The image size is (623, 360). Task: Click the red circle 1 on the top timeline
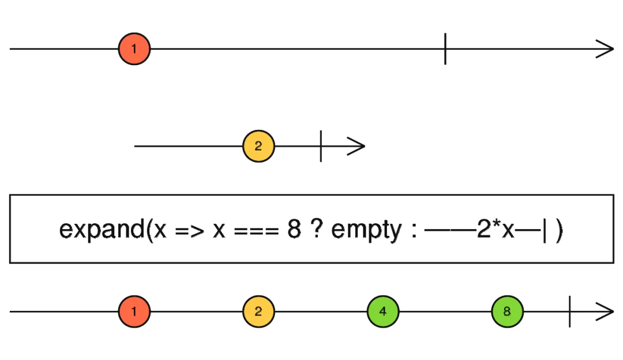[x=134, y=49]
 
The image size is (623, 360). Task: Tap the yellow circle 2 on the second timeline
[x=258, y=146]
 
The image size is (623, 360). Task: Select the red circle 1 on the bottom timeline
[x=134, y=312]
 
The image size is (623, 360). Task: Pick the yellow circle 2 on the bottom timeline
[x=258, y=312]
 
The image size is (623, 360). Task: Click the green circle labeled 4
[x=383, y=312]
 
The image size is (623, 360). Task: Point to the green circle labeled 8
[x=507, y=312]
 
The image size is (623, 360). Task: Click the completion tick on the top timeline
[x=445, y=49]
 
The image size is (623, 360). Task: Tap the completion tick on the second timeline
[x=321, y=146]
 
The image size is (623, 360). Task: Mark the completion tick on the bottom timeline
[x=569, y=312]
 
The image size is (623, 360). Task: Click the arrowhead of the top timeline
[x=606, y=49]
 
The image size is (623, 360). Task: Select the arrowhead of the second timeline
[x=358, y=146]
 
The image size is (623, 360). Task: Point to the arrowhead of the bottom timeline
[x=606, y=312]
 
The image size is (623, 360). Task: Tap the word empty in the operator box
[x=365, y=230]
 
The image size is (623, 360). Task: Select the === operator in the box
[x=254, y=230]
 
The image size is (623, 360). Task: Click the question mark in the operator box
[x=317, y=230]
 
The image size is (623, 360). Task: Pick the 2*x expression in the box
[x=496, y=230]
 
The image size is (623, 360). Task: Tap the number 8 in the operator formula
[x=294, y=230]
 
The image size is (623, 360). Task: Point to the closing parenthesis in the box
[x=559, y=230]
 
